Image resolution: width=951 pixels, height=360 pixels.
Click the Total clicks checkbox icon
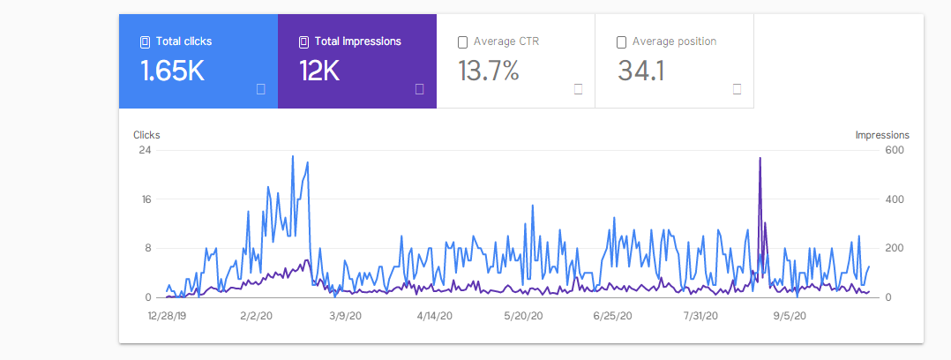click(x=145, y=41)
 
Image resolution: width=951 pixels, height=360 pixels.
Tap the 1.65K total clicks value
click(x=172, y=71)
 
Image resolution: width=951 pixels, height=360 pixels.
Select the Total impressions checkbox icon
click(x=303, y=41)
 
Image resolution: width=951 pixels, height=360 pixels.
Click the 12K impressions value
click(x=319, y=71)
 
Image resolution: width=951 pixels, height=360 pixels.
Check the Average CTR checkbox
click(x=463, y=42)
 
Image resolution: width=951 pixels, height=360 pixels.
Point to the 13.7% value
click(x=489, y=71)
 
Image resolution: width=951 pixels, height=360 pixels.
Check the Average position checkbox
click(x=622, y=42)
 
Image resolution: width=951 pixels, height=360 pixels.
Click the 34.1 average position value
click(x=641, y=71)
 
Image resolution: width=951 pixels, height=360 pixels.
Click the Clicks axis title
click(x=146, y=135)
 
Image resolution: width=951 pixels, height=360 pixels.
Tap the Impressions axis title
click(x=882, y=135)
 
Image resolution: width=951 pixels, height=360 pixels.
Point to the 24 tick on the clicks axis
click(x=146, y=150)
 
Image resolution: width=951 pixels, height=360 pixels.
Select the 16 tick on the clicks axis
click(x=146, y=199)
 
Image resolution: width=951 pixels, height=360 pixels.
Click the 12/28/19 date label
click(x=168, y=316)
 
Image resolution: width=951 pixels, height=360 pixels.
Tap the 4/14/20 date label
click(x=434, y=316)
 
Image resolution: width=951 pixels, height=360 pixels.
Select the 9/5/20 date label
click(x=790, y=316)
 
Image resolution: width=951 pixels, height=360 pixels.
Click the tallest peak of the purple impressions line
click(x=760, y=158)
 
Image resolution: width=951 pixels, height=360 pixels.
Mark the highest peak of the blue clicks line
click(x=293, y=156)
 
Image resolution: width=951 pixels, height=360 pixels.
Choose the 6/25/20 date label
click(x=612, y=316)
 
